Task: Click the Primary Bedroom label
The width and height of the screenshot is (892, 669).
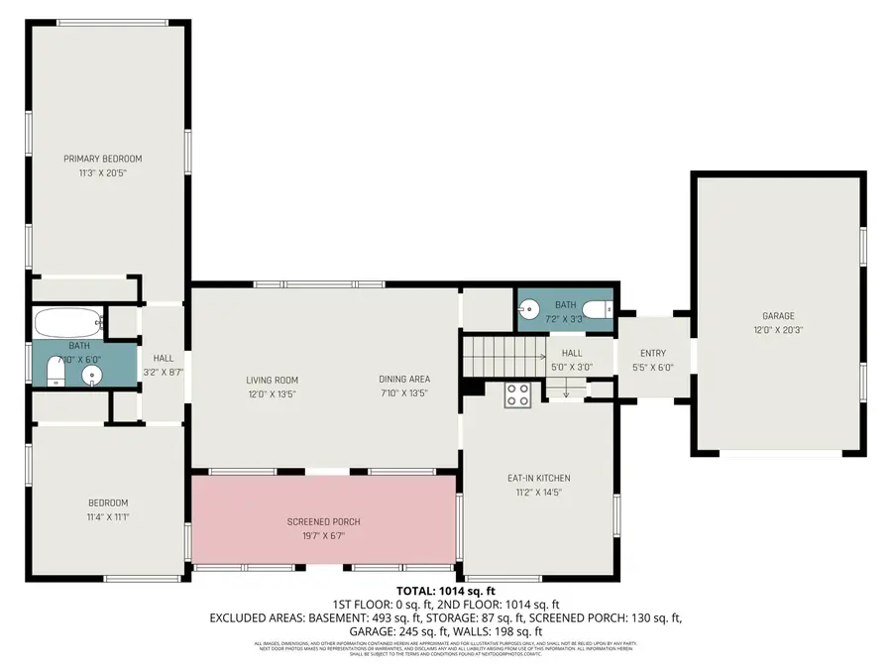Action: pos(103,159)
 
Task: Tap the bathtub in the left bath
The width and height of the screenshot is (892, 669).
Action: pos(68,322)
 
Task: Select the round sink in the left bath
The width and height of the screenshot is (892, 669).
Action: pos(92,375)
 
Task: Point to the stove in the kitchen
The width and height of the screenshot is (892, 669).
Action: pos(517,394)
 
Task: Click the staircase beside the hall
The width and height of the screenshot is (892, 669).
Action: pos(502,354)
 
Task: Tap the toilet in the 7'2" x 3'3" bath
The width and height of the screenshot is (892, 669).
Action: pos(597,311)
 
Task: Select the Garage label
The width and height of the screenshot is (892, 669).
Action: pos(778,316)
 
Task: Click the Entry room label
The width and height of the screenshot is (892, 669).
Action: pos(652,353)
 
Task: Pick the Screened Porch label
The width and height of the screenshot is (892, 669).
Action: pos(323,522)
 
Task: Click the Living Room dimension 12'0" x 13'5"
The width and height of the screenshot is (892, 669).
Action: pos(272,393)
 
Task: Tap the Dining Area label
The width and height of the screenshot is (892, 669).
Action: pos(403,380)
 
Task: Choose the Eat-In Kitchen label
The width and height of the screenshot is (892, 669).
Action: pos(538,478)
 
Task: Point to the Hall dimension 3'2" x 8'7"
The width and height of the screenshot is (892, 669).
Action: pos(164,372)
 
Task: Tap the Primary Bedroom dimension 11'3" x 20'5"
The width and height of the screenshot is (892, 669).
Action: pos(103,172)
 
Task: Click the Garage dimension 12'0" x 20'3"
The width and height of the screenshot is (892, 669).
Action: pos(778,330)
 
